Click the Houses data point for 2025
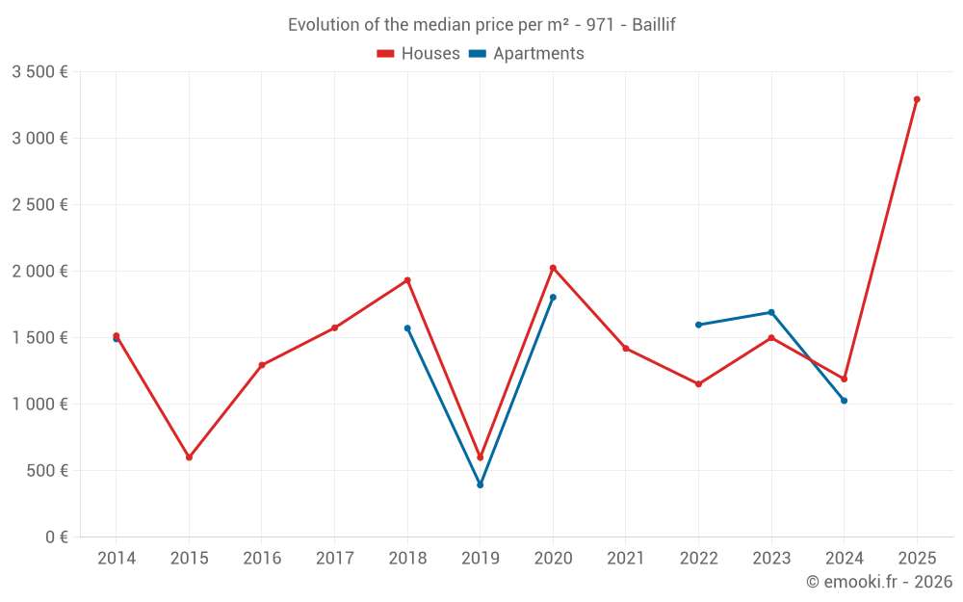(x=917, y=99)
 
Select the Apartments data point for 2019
(x=480, y=484)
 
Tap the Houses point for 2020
(x=553, y=268)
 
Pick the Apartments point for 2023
(x=771, y=312)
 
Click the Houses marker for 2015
(x=189, y=458)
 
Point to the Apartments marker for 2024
(x=844, y=401)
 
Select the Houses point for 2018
(x=407, y=280)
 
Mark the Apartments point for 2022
(x=698, y=325)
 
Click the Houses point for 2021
(x=626, y=349)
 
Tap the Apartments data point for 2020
(x=553, y=298)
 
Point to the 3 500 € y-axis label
(x=39, y=72)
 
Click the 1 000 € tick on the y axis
(x=39, y=405)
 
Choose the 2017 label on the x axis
(x=334, y=559)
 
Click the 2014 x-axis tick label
(x=117, y=559)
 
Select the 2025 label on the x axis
(x=917, y=559)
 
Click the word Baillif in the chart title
(x=654, y=25)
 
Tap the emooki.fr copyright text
(x=878, y=582)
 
